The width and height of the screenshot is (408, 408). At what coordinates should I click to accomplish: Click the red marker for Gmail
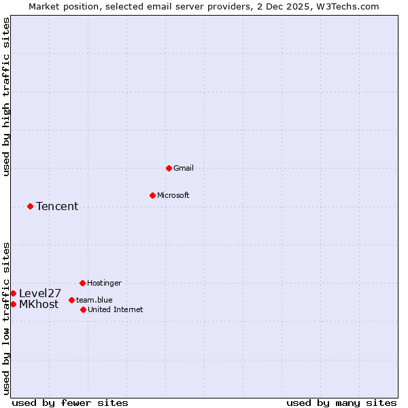[169, 168]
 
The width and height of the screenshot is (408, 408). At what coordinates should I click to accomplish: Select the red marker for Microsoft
[152, 195]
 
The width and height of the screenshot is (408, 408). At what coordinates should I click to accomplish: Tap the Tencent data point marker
[30, 206]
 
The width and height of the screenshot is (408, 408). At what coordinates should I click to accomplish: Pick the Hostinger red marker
[82, 283]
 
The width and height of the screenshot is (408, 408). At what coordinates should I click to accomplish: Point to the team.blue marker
[71, 300]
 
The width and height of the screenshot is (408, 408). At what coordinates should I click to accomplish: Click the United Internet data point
[83, 309]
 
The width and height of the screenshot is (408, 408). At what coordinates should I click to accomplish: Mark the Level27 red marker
[13, 293]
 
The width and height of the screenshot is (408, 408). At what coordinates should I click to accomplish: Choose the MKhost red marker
[13, 304]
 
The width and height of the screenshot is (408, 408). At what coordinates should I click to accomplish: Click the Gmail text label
[184, 168]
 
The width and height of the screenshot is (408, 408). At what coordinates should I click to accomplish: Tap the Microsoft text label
[173, 195]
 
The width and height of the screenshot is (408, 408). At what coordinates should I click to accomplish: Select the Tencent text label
[57, 207]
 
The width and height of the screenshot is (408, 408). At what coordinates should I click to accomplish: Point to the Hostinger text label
[104, 283]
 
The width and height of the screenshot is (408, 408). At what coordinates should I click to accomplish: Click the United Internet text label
[116, 309]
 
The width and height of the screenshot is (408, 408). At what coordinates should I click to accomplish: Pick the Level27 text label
[40, 294]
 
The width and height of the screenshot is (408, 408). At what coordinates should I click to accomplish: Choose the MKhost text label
[39, 305]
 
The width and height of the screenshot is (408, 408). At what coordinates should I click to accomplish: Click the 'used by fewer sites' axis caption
[70, 403]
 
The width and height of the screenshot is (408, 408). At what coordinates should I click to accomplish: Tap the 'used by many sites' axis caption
[341, 403]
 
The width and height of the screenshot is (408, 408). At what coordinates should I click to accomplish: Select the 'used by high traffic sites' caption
[7, 97]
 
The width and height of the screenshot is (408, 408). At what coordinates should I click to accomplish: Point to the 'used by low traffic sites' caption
[7, 318]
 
